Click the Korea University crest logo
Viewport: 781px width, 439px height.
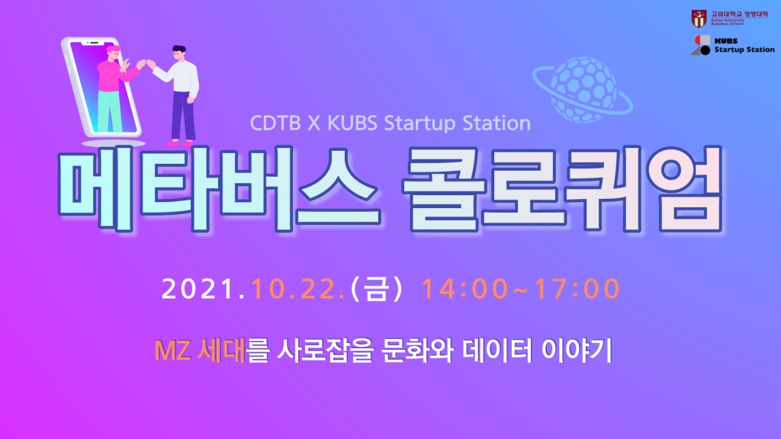pyautogui.click(x=699, y=18)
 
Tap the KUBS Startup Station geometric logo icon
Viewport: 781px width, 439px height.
pyautogui.click(x=700, y=45)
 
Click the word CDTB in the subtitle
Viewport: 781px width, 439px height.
pyautogui.click(x=275, y=123)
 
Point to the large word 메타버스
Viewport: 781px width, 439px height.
pyautogui.click(x=218, y=189)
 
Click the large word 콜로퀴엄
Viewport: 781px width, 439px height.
pyautogui.click(x=563, y=189)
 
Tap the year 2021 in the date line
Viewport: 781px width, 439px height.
pyautogui.click(x=198, y=289)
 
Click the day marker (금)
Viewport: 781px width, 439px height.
pyautogui.click(x=377, y=289)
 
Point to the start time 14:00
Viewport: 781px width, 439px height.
pyautogui.click(x=464, y=289)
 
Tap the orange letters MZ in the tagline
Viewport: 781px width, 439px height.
pyautogui.click(x=172, y=351)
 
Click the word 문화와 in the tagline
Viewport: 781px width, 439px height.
pyautogui.click(x=417, y=351)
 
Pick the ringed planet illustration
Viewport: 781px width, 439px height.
pyautogui.click(x=582, y=90)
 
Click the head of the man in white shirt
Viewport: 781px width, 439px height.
pyautogui.click(x=178, y=53)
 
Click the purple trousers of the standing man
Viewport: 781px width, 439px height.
pyautogui.click(x=182, y=117)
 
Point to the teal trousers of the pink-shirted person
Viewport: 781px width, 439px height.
pyautogui.click(x=110, y=111)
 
